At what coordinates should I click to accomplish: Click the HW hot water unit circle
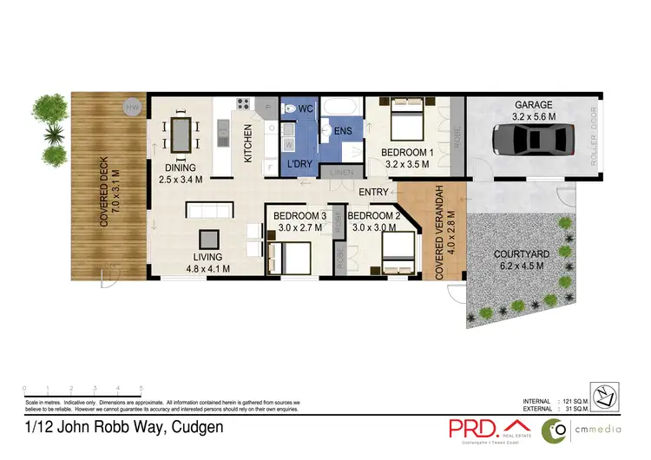[x=132, y=107]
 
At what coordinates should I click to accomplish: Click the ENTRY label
[x=373, y=192]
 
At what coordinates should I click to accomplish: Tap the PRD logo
[x=472, y=429]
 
